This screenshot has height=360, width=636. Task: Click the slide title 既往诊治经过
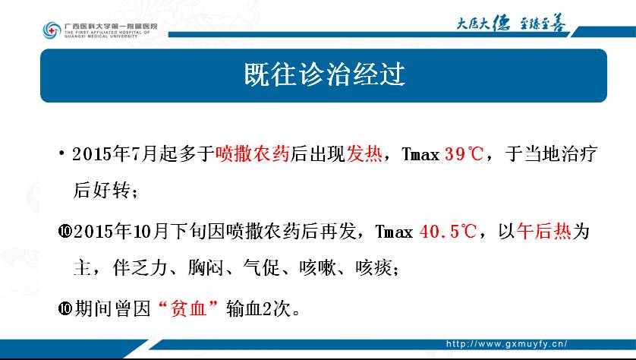(325, 74)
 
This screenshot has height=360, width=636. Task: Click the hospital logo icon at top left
(52, 30)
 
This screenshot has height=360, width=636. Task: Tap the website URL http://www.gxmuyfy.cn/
(507, 344)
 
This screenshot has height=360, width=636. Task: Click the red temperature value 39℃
(464, 154)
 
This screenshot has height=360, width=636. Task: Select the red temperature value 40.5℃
(449, 232)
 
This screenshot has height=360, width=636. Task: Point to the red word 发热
(364, 154)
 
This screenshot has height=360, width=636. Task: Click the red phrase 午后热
(544, 232)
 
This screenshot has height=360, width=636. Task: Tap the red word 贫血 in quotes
(189, 309)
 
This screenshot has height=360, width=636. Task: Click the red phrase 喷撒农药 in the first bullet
(252, 154)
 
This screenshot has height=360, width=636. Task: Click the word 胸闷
(206, 268)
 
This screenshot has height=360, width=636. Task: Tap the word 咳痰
(373, 268)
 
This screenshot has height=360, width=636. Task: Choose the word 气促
(262, 268)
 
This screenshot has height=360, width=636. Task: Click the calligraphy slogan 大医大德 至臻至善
(511, 23)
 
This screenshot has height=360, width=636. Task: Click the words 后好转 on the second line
(102, 191)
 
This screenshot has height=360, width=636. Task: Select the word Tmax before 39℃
(420, 155)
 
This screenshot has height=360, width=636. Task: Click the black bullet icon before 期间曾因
(65, 309)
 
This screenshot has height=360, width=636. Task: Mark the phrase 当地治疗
(561, 154)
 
